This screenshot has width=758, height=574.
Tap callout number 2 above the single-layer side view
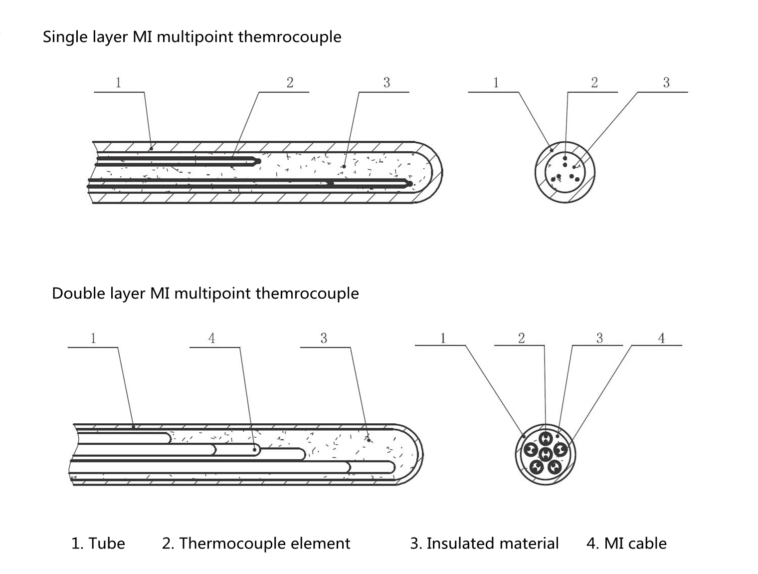pyautogui.click(x=290, y=83)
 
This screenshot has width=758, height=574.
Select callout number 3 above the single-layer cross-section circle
pyautogui.click(x=666, y=83)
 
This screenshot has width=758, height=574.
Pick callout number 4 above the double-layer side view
pyautogui.click(x=211, y=338)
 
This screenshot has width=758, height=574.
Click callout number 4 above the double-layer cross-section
pyautogui.click(x=661, y=338)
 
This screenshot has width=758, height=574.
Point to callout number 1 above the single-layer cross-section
pyautogui.click(x=496, y=83)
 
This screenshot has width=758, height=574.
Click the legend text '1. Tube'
pyautogui.click(x=98, y=543)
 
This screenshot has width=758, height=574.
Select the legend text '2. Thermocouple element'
pyautogui.click(x=256, y=543)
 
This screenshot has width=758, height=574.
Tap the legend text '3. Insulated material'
pyautogui.click(x=484, y=543)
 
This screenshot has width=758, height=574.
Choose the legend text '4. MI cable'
pyautogui.click(x=626, y=543)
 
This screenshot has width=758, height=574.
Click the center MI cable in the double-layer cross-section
pyautogui.click(x=546, y=454)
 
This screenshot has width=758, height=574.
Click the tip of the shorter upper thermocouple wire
pyautogui.click(x=258, y=161)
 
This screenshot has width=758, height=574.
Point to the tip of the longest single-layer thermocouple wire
pyautogui.click(x=410, y=184)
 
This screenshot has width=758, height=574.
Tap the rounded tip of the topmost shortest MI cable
pyautogui.click(x=169, y=438)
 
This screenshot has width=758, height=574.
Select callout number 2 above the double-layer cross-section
pyautogui.click(x=521, y=338)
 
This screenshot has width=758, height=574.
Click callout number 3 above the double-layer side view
pyautogui.click(x=324, y=338)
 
